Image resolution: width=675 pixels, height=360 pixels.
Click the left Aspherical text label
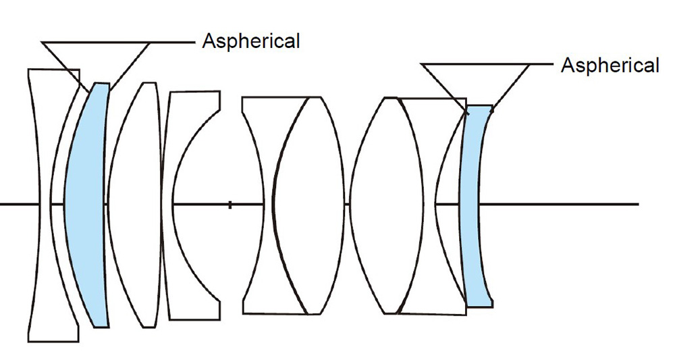[250, 41]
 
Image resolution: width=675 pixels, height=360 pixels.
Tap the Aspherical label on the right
[610, 65]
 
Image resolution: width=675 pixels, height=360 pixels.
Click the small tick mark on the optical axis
[230, 204]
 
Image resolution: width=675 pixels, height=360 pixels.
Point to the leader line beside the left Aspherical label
[172, 43]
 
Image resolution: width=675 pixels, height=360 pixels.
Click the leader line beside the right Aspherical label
[543, 65]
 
